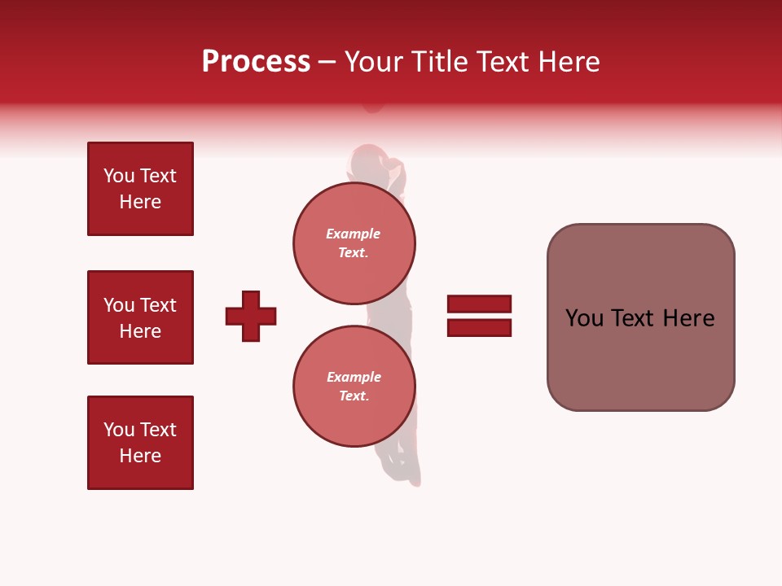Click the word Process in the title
(x=256, y=62)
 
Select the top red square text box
(x=140, y=189)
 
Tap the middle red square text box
(x=140, y=317)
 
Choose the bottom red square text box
(x=140, y=443)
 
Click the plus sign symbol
(x=251, y=316)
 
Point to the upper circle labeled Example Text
(x=354, y=243)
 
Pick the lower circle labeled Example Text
(x=354, y=387)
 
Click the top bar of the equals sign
(x=479, y=304)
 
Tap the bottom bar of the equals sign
(x=479, y=327)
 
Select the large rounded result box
(x=640, y=317)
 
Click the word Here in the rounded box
(x=688, y=318)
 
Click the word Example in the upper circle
(x=354, y=234)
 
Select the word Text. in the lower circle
(x=354, y=396)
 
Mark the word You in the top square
(x=119, y=176)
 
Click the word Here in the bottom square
(x=140, y=456)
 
